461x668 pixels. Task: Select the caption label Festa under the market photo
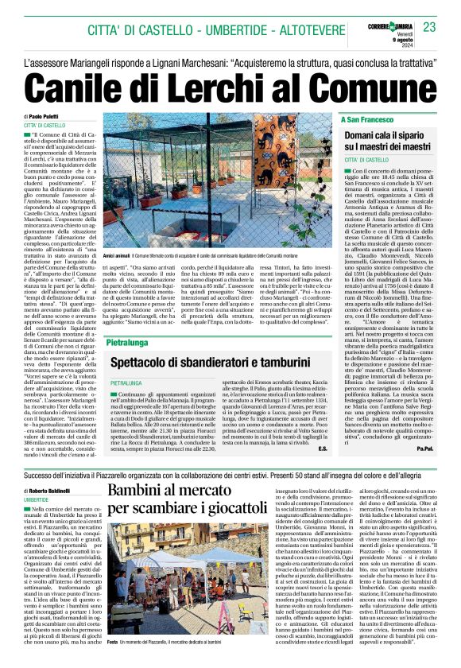(114, 642)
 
